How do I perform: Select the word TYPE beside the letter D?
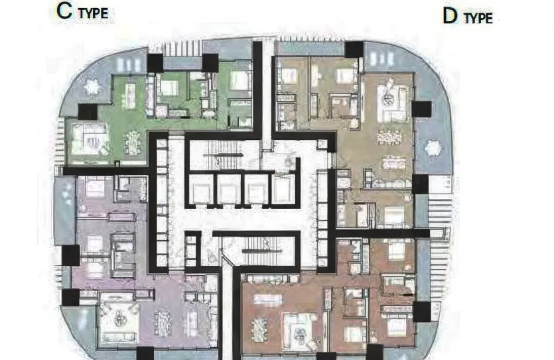(478, 18)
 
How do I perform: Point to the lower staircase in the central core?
(255, 247)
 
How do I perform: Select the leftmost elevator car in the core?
(200, 191)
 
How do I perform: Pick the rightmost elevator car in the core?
(282, 191)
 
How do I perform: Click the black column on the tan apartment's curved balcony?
(421, 109)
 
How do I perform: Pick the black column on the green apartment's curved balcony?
(88, 112)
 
